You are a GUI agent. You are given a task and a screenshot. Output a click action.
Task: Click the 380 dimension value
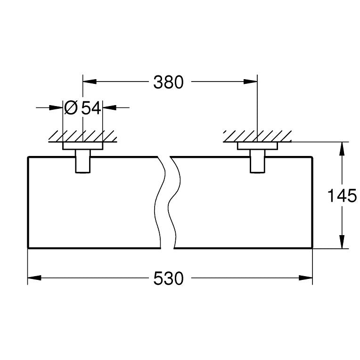pos(168,82)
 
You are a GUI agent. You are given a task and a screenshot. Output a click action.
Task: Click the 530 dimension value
pos(168,279)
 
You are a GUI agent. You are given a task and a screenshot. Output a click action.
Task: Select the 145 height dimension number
pos(343,195)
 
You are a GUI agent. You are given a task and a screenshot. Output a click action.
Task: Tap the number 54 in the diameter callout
pos(91,108)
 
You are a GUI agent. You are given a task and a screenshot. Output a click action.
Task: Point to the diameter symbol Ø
pos(71,108)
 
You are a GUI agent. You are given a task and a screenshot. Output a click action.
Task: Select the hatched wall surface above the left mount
pos(83,136)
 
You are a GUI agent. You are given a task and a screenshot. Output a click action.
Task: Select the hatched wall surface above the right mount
pos(257,136)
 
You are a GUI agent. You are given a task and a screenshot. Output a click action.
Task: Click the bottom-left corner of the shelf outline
pos(28,248)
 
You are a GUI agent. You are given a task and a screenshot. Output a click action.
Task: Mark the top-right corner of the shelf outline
pos(312,156)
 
